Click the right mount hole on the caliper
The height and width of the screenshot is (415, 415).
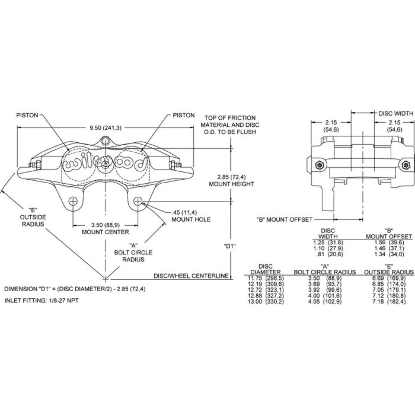pos(138,200)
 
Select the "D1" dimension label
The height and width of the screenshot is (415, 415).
pos(230,246)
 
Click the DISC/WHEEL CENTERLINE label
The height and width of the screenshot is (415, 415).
pos(191,276)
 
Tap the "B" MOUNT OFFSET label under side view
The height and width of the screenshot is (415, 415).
pos(283,219)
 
